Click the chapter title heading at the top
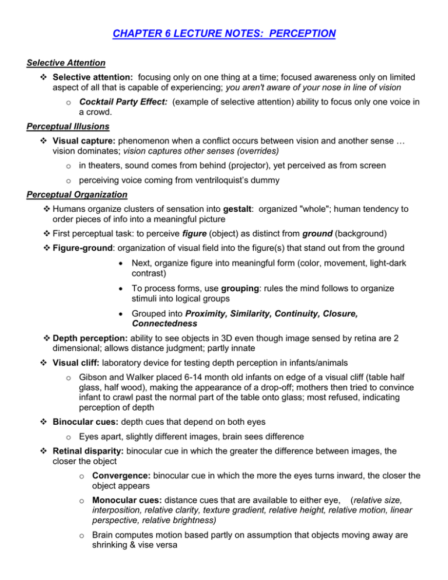(x=224, y=33)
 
